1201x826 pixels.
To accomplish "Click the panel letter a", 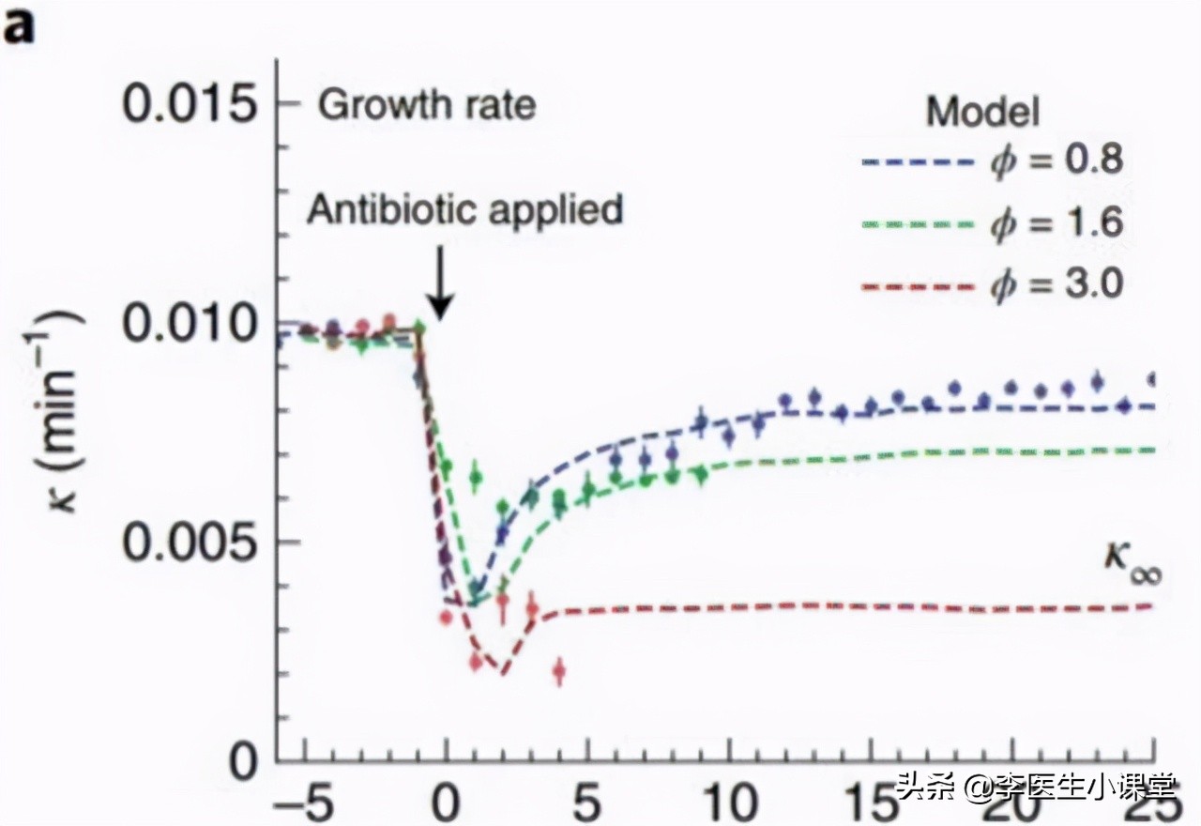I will pyautogui.click(x=20, y=28).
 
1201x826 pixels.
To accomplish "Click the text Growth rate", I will pyautogui.click(x=427, y=104).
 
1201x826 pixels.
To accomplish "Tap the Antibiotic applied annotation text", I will pyautogui.click(x=465, y=208).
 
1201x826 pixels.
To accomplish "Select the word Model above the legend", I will pyautogui.click(x=982, y=113).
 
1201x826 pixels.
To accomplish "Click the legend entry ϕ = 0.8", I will pyautogui.click(x=1056, y=161).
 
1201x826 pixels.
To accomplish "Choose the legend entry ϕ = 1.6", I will pyautogui.click(x=1056, y=222).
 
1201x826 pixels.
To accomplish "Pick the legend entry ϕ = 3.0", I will pyautogui.click(x=1056, y=283).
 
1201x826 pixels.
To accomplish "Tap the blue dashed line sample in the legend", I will pyautogui.click(x=920, y=162).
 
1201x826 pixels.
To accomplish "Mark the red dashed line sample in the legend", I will pyautogui.click(x=920, y=284).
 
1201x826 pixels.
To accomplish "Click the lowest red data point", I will pyautogui.click(x=560, y=671).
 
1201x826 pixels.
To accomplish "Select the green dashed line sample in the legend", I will pyautogui.click(x=920, y=224).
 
